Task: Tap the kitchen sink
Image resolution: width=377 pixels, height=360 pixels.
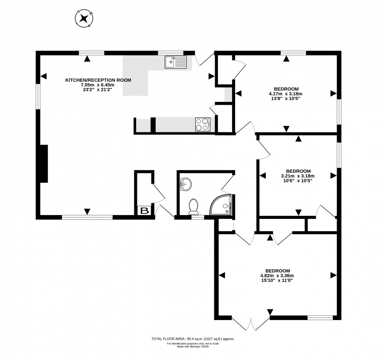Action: coord(175,62)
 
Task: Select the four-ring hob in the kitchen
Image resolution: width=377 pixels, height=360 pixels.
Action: coord(203,124)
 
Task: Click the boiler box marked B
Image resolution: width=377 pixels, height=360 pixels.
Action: coord(144,211)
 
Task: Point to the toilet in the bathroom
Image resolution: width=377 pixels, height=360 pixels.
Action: coord(193,206)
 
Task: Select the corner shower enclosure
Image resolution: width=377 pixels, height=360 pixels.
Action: coord(222,205)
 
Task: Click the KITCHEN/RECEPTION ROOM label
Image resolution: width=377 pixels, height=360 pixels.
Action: coord(98,80)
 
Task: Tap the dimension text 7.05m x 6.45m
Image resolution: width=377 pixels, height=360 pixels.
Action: coord(98,85)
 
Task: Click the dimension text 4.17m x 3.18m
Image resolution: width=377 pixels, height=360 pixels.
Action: coord(286,93)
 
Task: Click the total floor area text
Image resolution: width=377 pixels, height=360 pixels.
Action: coord(193,339)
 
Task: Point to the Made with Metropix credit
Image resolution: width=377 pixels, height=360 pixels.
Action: coord(193,347)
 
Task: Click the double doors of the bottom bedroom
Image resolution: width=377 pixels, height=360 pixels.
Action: coord(251,323)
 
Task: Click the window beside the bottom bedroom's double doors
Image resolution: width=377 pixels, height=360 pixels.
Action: coord(320,318)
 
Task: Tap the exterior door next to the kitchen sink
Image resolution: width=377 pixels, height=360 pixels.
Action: coord(204,58)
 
